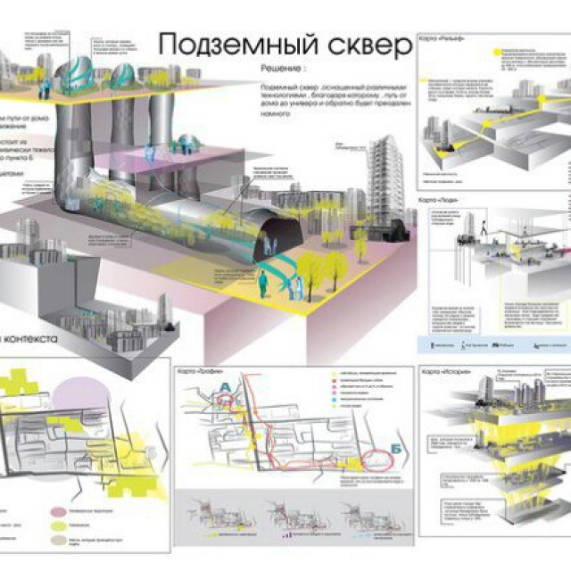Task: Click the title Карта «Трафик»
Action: click(198, 371)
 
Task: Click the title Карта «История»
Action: click(443, 370)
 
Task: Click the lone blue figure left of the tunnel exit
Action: click(261, 283)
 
